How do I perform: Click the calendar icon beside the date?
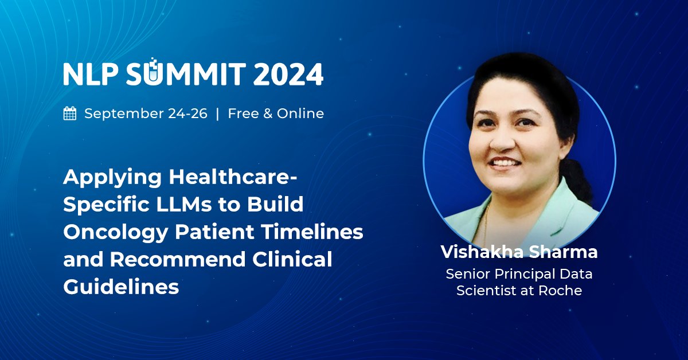[70, 114]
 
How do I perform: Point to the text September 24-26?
[146, 114]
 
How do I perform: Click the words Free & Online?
[276, 114]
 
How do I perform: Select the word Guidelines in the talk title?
[121, 287]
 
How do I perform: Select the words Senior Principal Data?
[519, 274]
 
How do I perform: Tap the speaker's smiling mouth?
[506, 163]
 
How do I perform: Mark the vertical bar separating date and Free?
[217, 114]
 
